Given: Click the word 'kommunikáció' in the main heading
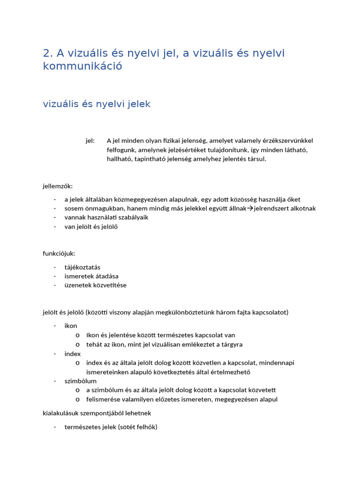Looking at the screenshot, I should click(x=82, y=66).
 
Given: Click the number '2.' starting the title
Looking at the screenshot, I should click(x=48, y=53).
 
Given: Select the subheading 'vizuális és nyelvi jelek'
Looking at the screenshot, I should click(x=97, y=104).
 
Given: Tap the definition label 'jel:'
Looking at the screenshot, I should click(x=90, y=141).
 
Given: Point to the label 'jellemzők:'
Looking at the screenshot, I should click(x=58, y=186).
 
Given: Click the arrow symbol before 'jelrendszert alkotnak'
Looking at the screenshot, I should click(x=250, y=209).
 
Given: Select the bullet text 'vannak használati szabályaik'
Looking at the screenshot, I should click(x=106, y=217).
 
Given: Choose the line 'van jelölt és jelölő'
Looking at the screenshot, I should click(x=91, y=227).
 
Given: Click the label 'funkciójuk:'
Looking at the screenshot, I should click(x=59, y=254).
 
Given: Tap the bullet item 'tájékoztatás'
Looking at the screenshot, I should click(x=82, y=267).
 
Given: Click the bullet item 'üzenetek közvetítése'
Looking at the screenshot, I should click(x=96, y=285).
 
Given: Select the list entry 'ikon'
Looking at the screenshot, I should click(x=71, y=326).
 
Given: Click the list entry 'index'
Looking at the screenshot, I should click(x=73, y=353).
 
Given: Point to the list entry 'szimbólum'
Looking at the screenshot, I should click(x=81, y=381).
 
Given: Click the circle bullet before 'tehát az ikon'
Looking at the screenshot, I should click(x=77, y=345).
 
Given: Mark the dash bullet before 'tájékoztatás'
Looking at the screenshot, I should click(x=55, y=267).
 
